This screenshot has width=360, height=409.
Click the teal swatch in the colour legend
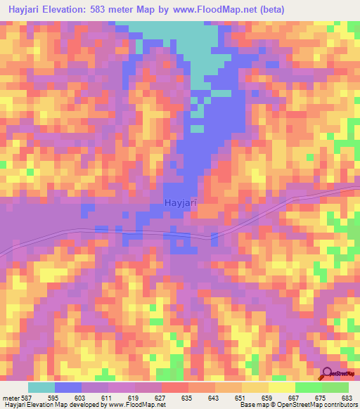(41, 387)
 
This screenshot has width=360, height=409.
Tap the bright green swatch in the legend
(308, 387)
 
